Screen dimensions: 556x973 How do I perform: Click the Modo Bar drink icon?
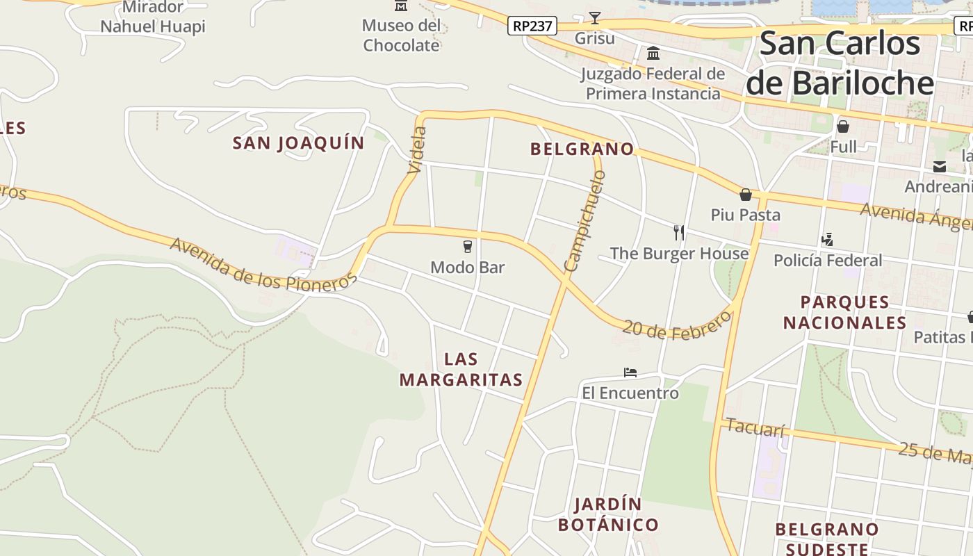point(468,247)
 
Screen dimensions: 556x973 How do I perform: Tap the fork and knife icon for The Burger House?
point(679,233)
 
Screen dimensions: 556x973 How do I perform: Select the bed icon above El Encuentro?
point(630,373)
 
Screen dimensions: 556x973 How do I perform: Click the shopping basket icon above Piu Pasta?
point(746,195)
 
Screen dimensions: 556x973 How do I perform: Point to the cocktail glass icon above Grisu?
point(595,17)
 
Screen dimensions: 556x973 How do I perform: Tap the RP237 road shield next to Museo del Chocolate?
point(532,26)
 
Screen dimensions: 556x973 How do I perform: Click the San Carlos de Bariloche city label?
point(840,63)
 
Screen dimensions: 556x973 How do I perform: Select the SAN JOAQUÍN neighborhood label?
point(298,143)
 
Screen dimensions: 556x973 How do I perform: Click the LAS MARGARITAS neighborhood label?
point(461,370)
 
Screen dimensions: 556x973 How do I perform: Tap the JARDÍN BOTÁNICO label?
point(608,514)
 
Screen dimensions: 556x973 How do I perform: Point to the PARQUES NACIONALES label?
point(844,313)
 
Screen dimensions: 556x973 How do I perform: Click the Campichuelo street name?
point(585,221)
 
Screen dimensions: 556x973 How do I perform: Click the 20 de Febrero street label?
point(677,325)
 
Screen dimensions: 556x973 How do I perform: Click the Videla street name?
point(417,149)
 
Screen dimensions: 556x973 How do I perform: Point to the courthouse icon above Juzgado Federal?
point(653,53)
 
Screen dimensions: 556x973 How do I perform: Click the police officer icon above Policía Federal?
point(827,240)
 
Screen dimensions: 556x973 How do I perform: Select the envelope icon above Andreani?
point(940,167)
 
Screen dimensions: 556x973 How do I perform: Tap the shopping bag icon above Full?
point(843,126)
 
